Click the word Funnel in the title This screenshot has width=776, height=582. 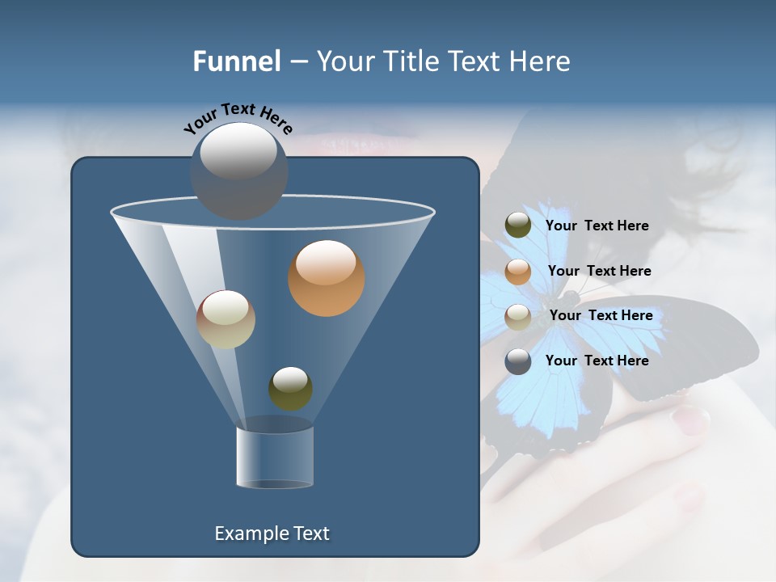click(237, 61)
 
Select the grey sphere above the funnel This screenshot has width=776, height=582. click(238, 171)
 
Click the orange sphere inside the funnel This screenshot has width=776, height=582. click(326, 278)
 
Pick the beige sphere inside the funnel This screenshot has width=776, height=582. click(226, 319)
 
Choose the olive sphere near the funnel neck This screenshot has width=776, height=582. click(290, 388)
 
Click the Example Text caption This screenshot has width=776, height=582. click(272, 533)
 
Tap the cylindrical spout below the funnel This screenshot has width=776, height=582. click(274, 458)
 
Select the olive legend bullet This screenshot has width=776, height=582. click(518, 226)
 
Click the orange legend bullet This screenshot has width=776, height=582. click(518, 272)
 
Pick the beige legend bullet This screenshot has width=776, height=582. click(518, 317)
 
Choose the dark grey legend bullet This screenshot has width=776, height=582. click(518, 361)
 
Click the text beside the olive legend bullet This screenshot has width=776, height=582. click(597, 226)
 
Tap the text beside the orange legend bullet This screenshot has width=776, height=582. click(599, 271)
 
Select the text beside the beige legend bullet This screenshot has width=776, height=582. click(601, 315)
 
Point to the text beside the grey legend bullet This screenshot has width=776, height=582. click(597, 361)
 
